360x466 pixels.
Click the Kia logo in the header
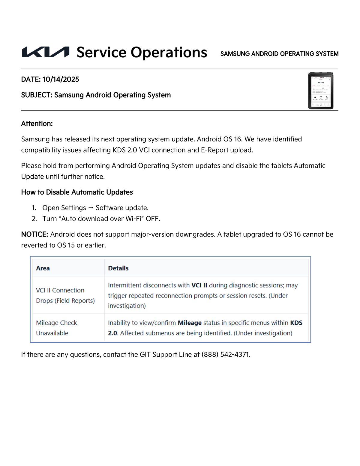pos(46,52)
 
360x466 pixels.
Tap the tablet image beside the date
pos(321,90)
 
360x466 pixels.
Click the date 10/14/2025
pos(61,80)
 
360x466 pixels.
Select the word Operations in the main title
pos(169,53)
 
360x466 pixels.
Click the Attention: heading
pos(37,124)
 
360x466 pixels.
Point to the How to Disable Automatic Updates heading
pos(77,192)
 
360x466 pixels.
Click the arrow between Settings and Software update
pos(91,207)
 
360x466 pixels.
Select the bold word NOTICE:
pos(34,235)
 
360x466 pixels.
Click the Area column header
pos(43,268)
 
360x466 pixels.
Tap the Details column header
pos(118,268)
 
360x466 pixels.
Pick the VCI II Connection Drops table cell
pos(65,295)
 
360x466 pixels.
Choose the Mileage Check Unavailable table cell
pos(56,328)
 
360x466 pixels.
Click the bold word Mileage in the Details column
pos(190,323)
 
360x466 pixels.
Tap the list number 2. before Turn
pos(34,219)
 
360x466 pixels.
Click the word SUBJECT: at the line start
pos(37,95)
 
